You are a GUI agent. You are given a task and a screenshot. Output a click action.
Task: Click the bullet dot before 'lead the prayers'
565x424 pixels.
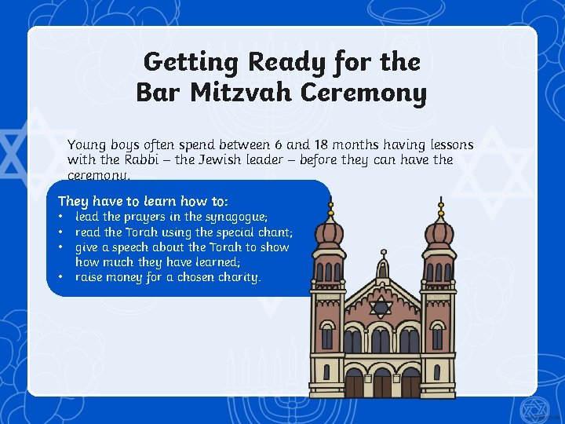click(60, 216)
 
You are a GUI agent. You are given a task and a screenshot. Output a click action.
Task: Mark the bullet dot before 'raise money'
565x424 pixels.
click(60, 277)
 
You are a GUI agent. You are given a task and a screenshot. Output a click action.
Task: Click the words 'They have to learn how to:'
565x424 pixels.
click(143, 201)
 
